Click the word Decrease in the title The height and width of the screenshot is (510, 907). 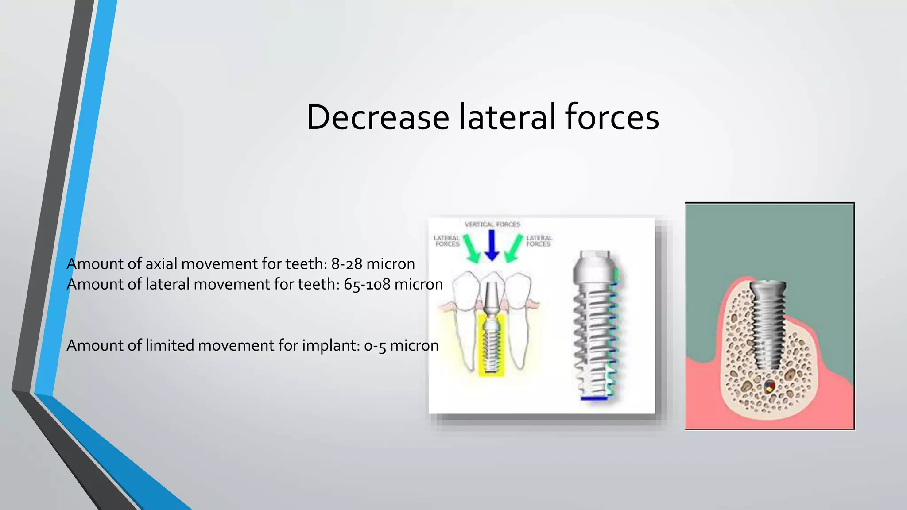point(378,117)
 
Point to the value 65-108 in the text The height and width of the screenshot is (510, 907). point(367,284)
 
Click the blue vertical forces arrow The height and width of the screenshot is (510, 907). point(492,246)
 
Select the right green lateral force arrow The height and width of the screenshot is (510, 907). point(514,248)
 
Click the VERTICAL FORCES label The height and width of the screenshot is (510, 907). point(492,224)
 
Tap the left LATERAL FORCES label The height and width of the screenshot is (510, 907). point(446,241)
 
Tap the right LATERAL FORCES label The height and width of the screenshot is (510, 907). point(539,241)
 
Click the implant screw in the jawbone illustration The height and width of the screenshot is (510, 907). point(768,323)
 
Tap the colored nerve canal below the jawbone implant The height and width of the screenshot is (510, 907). point(770,386)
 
